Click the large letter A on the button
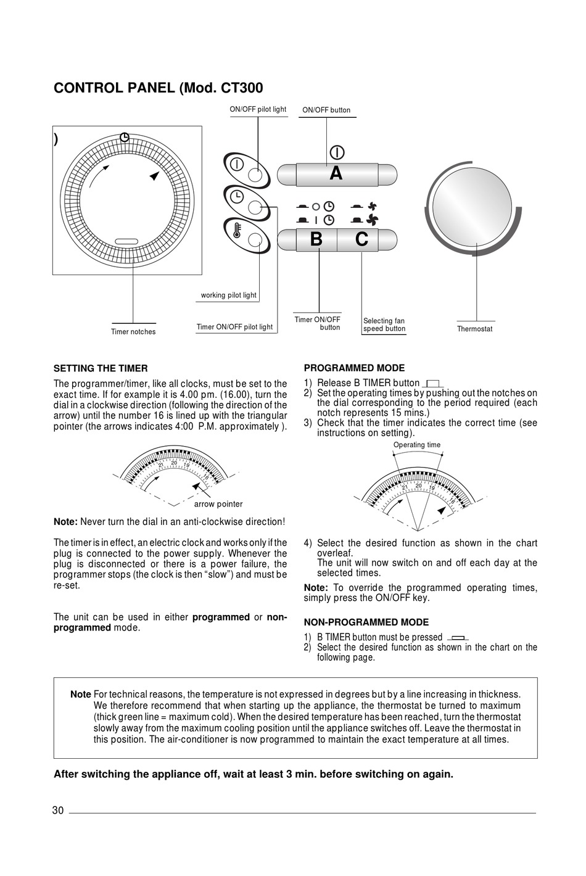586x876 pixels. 336,173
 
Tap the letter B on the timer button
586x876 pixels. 316,239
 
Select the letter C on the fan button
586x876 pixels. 361,239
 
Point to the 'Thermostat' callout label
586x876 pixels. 474,329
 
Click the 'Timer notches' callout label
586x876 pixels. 133,332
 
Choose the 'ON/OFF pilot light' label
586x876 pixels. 258,109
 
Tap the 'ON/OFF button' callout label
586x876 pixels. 326,110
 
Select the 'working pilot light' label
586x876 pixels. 228,295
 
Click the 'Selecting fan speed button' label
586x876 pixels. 384,324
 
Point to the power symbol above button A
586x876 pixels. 337,152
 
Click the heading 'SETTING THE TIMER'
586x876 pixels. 101,368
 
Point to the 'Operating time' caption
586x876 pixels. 417,445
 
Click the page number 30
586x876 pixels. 58,811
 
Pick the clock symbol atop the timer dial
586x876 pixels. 125,137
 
